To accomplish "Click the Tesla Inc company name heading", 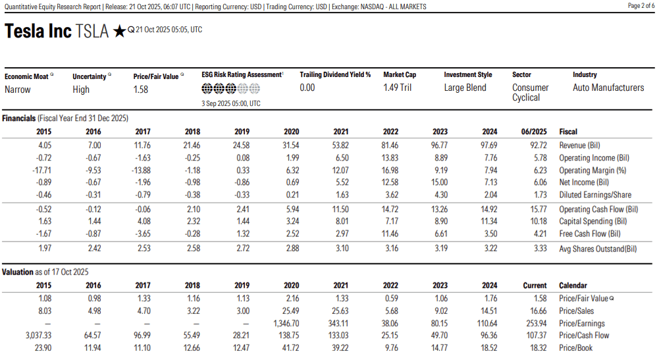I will click(x=38, y=32).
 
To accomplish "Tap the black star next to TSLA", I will click(x=119, y=32).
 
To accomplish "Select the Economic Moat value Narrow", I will click(x=18, y=90).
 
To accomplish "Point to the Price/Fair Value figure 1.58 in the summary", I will click(x=141, y=90).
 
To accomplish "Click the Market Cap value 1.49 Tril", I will click(x=398, y=88).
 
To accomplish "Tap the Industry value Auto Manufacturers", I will click(x=608, y=88).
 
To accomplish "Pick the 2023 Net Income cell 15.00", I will click(x=438, y=182).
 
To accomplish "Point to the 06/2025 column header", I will click(x=535, y=132).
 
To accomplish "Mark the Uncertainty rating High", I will click(x=81, y=90).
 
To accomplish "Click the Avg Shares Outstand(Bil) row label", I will click(x=598, y=248).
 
